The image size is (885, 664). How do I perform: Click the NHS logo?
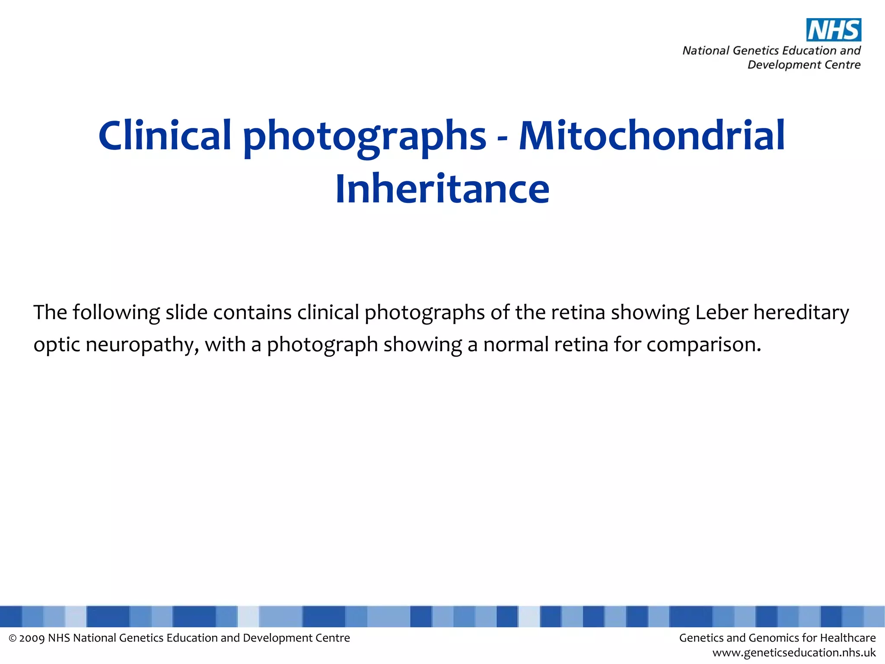(x=834, y=30)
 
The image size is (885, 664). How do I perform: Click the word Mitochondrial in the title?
(x=652, y=136)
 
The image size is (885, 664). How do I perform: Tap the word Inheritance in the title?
(x=442, y=188)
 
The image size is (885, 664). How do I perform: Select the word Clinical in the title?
(x=165, y=136)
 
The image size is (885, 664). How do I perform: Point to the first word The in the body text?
(x=50, y=312)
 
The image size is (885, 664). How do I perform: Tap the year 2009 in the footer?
(x=32, y=638)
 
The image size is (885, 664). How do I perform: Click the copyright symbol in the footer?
(x=13, y=638)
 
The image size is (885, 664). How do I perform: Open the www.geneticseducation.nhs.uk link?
(x=794, y=653)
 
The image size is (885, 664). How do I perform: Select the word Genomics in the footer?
(x=776, y=638)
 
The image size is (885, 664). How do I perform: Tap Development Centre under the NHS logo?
(x=804, y=65)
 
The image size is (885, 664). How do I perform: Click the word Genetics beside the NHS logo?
(x=756, y=51)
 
